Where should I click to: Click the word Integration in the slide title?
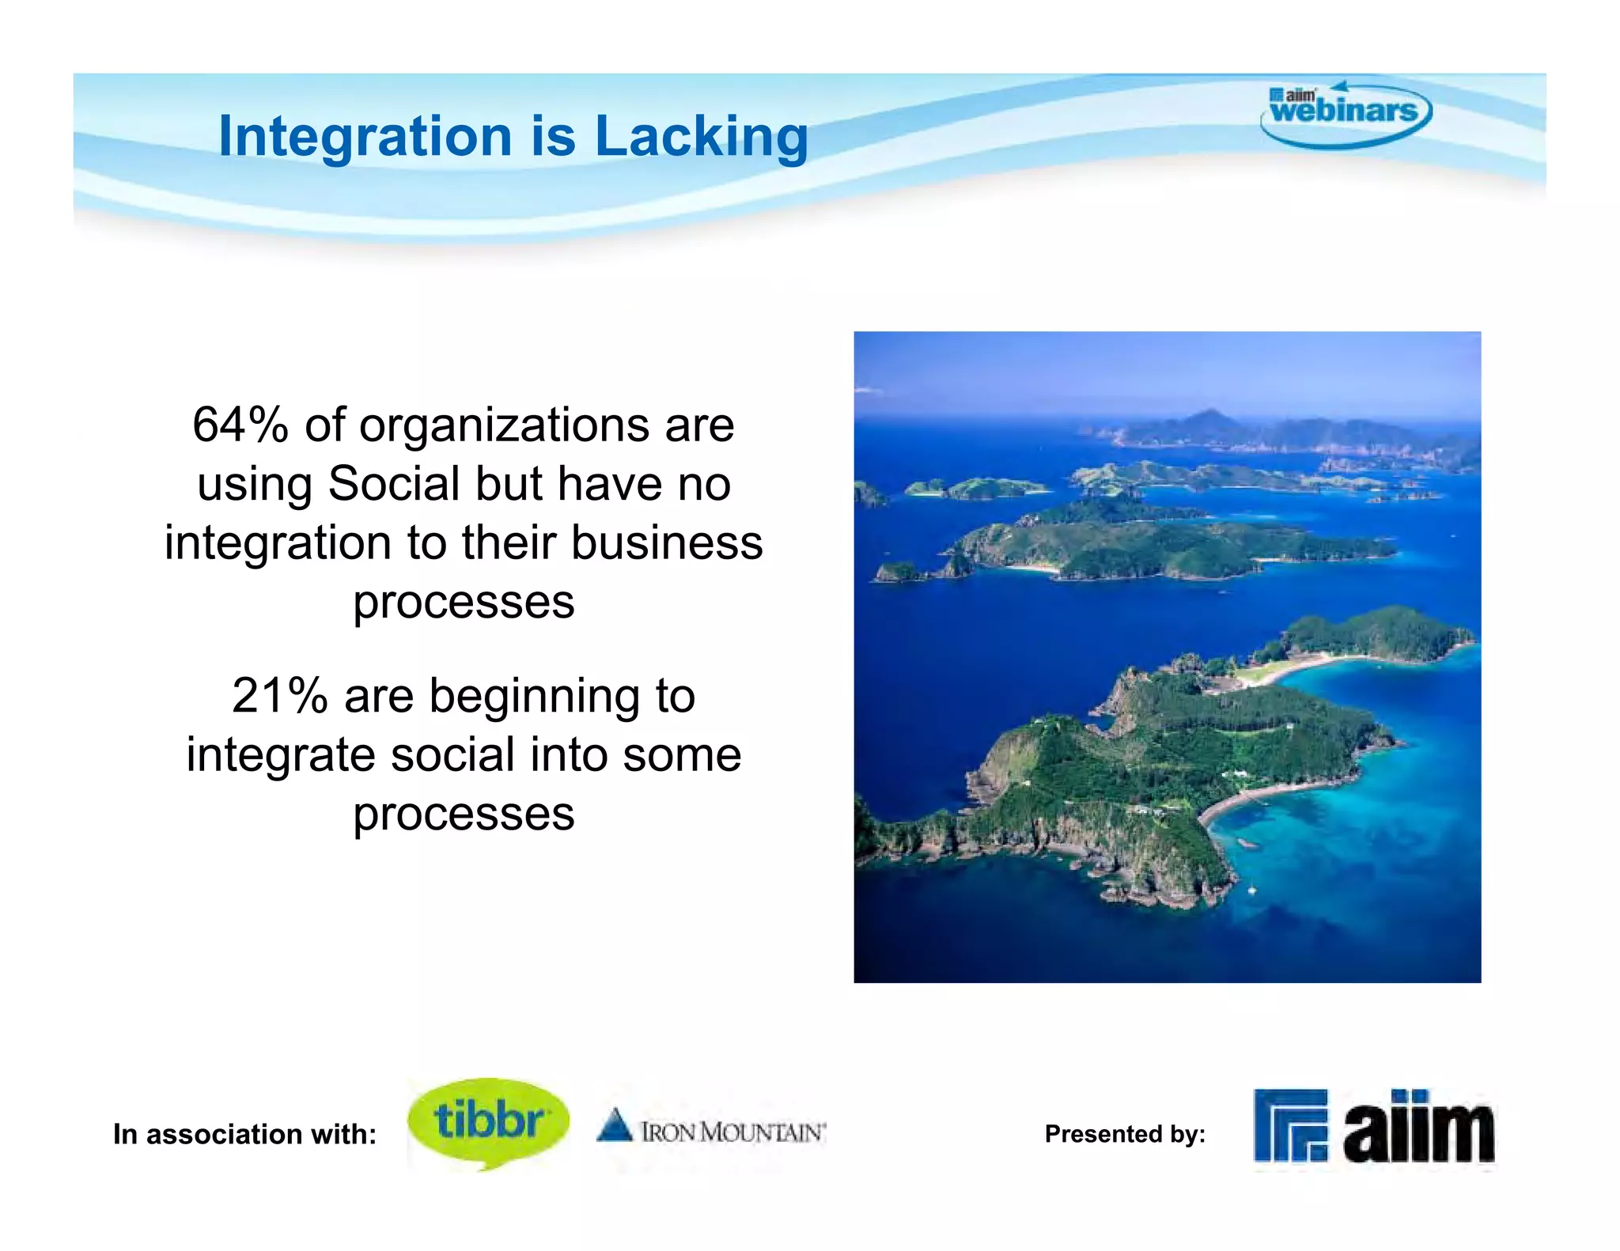coord(365,136)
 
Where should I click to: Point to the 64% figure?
coord(240,425)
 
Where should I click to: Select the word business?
coord(667,543)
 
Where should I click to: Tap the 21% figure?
coord(279,696)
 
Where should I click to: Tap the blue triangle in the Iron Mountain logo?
coord(615,1125)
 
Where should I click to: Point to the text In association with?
coord(244,1134)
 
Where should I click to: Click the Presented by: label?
coord(1125,1134)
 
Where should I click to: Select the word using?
coord(255,486)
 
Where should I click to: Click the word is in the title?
coord(553,136)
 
